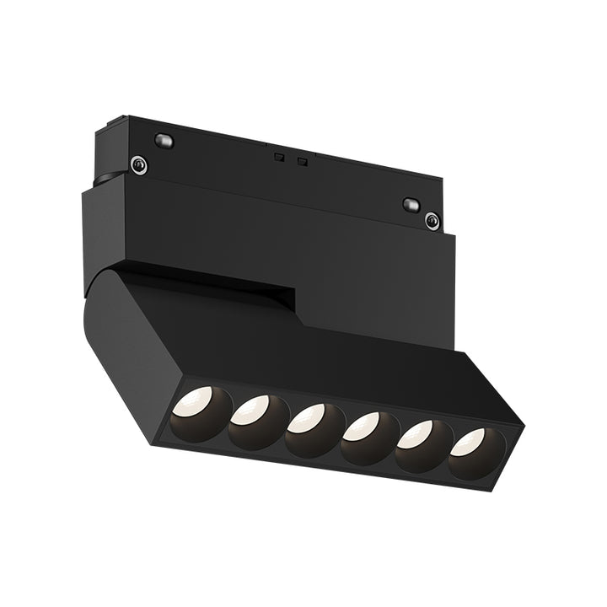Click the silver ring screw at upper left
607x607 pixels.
138,165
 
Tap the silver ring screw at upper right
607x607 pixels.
432,222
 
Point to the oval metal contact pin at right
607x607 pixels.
411,204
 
